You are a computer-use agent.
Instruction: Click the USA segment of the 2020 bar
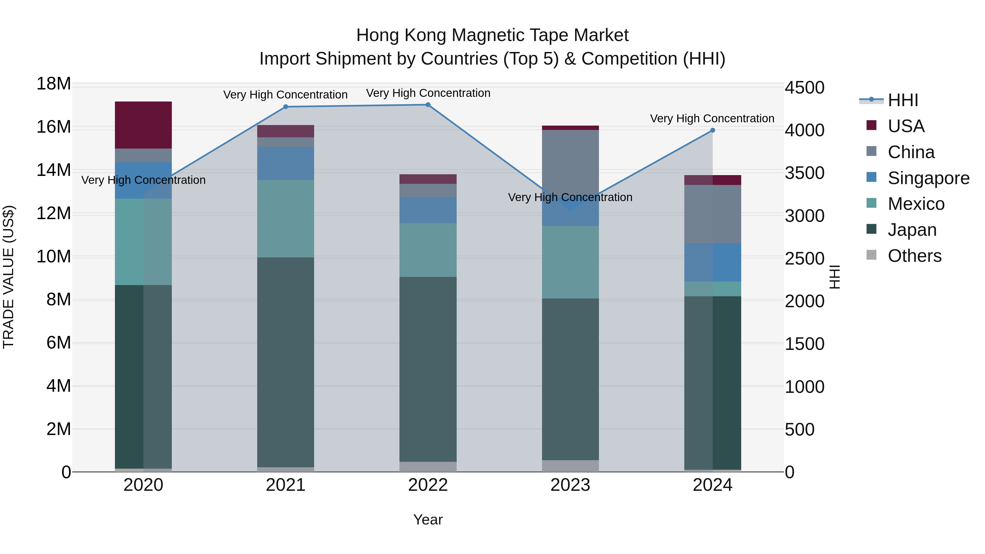pyautogui.click(x=143, y=125)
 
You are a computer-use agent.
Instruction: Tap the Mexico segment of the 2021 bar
pyautogui.click(x=285, y=218)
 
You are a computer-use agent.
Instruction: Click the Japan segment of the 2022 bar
pyautogui.click(x=428, y=369)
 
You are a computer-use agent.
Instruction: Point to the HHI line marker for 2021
pyautogui.click(x=286, y=107)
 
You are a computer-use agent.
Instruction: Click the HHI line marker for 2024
pyautogui.click(x=712, y=130)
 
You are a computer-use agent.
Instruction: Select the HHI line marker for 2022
pyautogui.click(x=428, y=105)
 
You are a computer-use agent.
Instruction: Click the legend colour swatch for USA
pyautogui.click(x=871, y=125)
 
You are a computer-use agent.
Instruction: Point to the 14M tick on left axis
pyautogui.click(x=54, y=170)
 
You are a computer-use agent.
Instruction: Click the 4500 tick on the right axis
pyautogui.click(x=804, y=88)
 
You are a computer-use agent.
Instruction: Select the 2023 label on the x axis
pyautogui.click(x=570, y=485)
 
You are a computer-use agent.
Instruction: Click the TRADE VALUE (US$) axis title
pyautogui.click(x=8, y=277)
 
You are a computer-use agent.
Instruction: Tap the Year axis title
pyautogui.click(x=428, y=520)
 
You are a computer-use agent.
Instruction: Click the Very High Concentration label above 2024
pyautogui.click(x=712, y=118)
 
